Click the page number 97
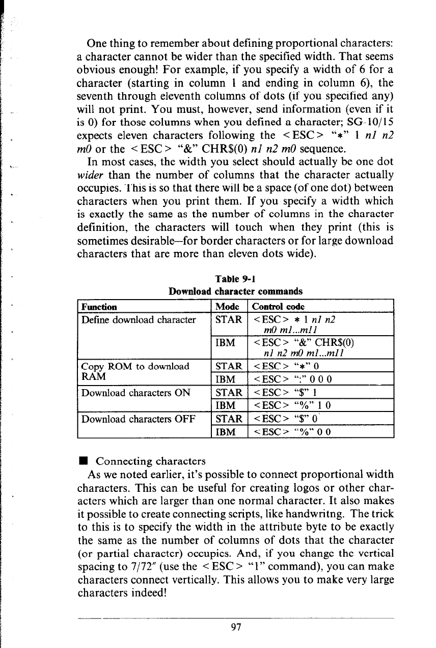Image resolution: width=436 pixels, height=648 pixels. tap(235, 627)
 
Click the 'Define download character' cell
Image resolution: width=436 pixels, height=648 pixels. tap(139, 320)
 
